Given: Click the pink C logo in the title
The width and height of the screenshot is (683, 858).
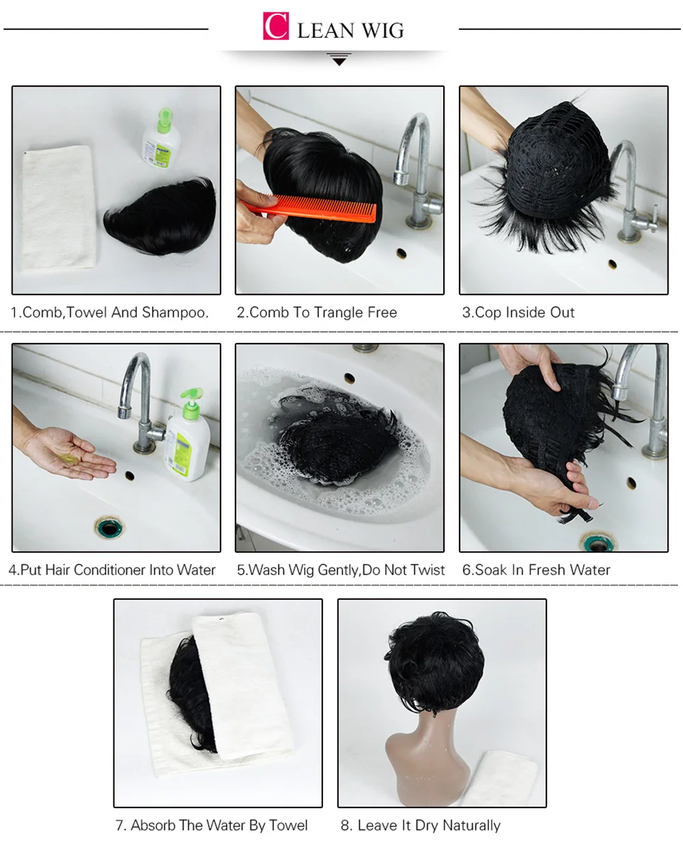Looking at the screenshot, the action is [275, 26].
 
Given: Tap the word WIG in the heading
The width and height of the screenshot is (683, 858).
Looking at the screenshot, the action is [382, 31].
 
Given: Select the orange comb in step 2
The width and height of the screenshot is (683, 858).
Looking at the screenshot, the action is [308, 210].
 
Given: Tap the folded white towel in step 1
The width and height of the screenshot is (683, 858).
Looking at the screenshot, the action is [59, 208].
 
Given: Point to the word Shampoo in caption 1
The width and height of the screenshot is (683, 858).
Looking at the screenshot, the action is [175, 312].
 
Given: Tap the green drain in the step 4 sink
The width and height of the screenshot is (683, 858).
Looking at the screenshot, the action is [109, 527].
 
